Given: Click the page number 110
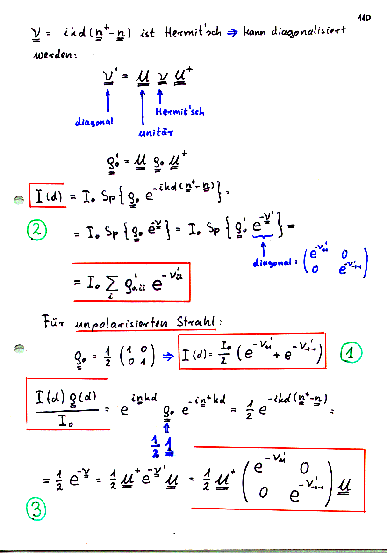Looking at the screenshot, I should [x=364, y=17].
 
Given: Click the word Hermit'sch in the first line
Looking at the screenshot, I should [x=193, y=33].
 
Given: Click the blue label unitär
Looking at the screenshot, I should [x=156, y=133].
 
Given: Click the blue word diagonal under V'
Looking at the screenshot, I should [x=94, y=122].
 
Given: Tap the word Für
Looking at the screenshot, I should [x=52, y=323].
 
